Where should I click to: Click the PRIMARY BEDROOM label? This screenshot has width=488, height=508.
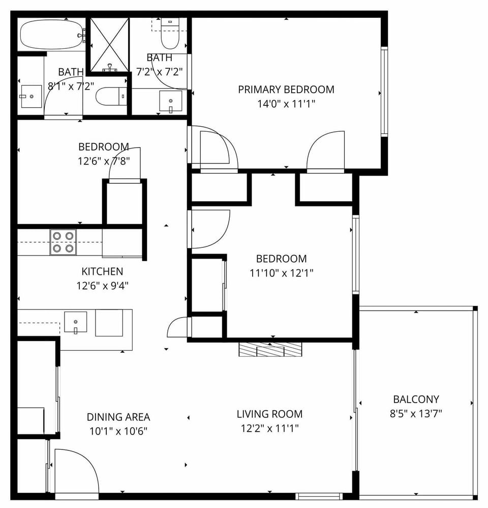click(x=286, y=90)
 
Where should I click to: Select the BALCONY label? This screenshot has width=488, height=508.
click(x=416, y=400)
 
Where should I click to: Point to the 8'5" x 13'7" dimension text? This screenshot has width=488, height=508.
click(x=416, y=413)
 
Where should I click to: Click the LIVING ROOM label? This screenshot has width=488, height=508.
click(x=269, y=414)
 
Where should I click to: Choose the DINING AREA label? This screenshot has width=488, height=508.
click(x=118, y=417)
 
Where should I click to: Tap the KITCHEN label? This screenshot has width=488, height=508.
click(x=102, y=271)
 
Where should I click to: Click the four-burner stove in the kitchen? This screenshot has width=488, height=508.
click(x=63, y=242)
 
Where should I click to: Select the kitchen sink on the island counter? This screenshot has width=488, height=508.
click(x=75, y=322)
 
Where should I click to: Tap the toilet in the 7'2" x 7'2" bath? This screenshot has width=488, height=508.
click(x=170, y=34)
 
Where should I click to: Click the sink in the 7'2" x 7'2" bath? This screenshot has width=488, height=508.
click(x=170, y=101)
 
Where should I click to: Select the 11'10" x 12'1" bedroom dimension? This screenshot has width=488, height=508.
click(x=281, y=273)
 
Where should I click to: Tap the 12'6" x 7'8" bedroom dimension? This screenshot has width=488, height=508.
click(x=104, y=161)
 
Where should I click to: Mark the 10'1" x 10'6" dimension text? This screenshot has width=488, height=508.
click(x=118, y=431)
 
